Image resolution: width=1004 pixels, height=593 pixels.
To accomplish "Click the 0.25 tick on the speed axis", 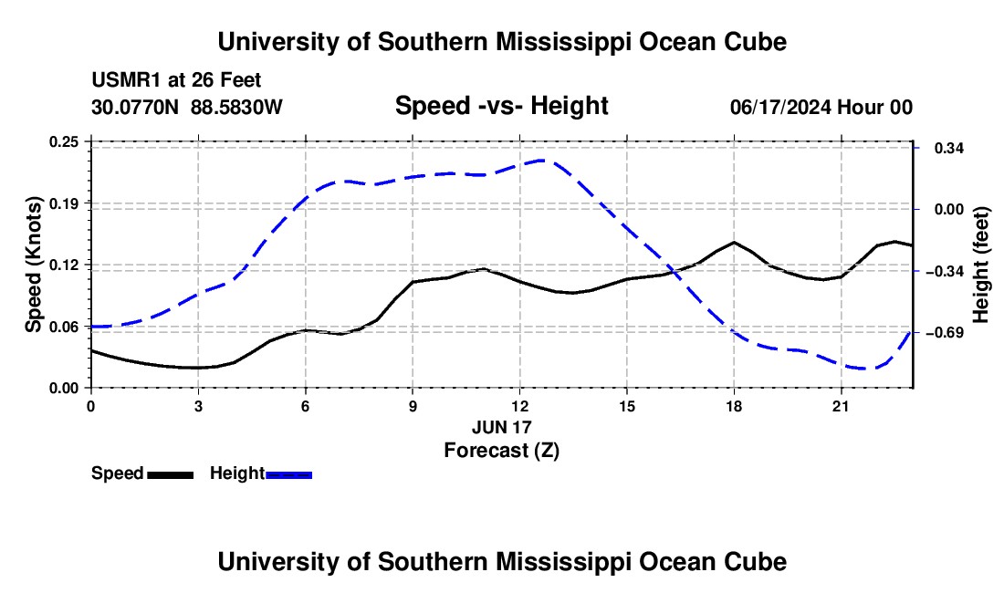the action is click(x=64, y=141).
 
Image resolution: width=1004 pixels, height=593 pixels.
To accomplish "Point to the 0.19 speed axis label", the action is click(x=64, y=203).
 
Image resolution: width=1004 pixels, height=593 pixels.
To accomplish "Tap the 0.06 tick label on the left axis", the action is click(x=64, y=327).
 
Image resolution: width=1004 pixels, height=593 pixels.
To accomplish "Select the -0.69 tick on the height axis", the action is click(x=949, y=332).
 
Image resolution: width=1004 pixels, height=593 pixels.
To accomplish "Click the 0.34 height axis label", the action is click(x=949, y=149).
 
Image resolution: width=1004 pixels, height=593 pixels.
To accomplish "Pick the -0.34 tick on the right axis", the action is click(x=949, y=271).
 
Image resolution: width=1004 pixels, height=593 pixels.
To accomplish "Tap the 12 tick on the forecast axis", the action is click(x=520, y=406).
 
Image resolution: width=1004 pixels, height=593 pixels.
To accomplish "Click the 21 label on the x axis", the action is click(x=841, y=406).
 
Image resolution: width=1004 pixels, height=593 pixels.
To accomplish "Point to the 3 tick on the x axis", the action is click(x=198, y=406).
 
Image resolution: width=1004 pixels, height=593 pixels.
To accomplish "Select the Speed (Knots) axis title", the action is click(x=33, y=265).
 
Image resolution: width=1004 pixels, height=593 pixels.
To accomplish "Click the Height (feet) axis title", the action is click(x=981, y=265).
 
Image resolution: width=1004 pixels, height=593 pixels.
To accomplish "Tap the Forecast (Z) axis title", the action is click(x=501, y=451).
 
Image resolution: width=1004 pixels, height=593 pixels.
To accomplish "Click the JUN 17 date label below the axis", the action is click(x=501, y=427).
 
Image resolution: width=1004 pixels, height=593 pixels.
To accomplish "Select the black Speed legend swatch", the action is click(x=171, y=474).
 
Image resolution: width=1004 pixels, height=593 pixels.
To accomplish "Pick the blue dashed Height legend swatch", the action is click(x=288, y=474).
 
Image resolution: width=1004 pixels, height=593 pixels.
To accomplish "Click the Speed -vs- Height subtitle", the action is click(x=501, y=106).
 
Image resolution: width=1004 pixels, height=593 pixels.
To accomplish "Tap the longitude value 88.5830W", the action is click(x=236, y=107).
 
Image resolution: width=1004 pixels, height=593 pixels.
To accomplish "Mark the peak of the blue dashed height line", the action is click(x=541, y=160).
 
